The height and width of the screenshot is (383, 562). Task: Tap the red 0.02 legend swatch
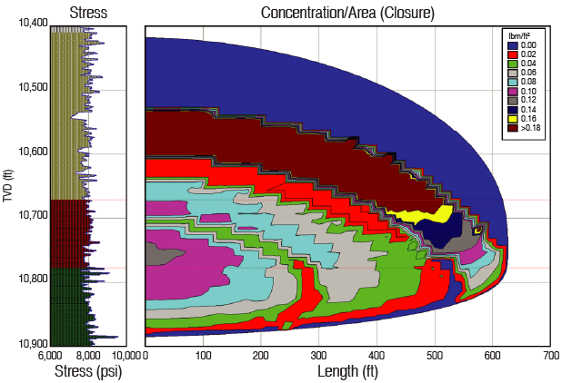512,54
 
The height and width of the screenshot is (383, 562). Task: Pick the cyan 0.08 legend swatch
512,82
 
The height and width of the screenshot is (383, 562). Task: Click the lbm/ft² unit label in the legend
518,34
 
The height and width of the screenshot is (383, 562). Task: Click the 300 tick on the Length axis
318,355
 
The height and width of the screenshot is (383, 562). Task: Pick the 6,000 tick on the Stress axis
51,355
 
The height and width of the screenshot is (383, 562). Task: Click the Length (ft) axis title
348,370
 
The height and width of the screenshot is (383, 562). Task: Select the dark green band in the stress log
67,304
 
